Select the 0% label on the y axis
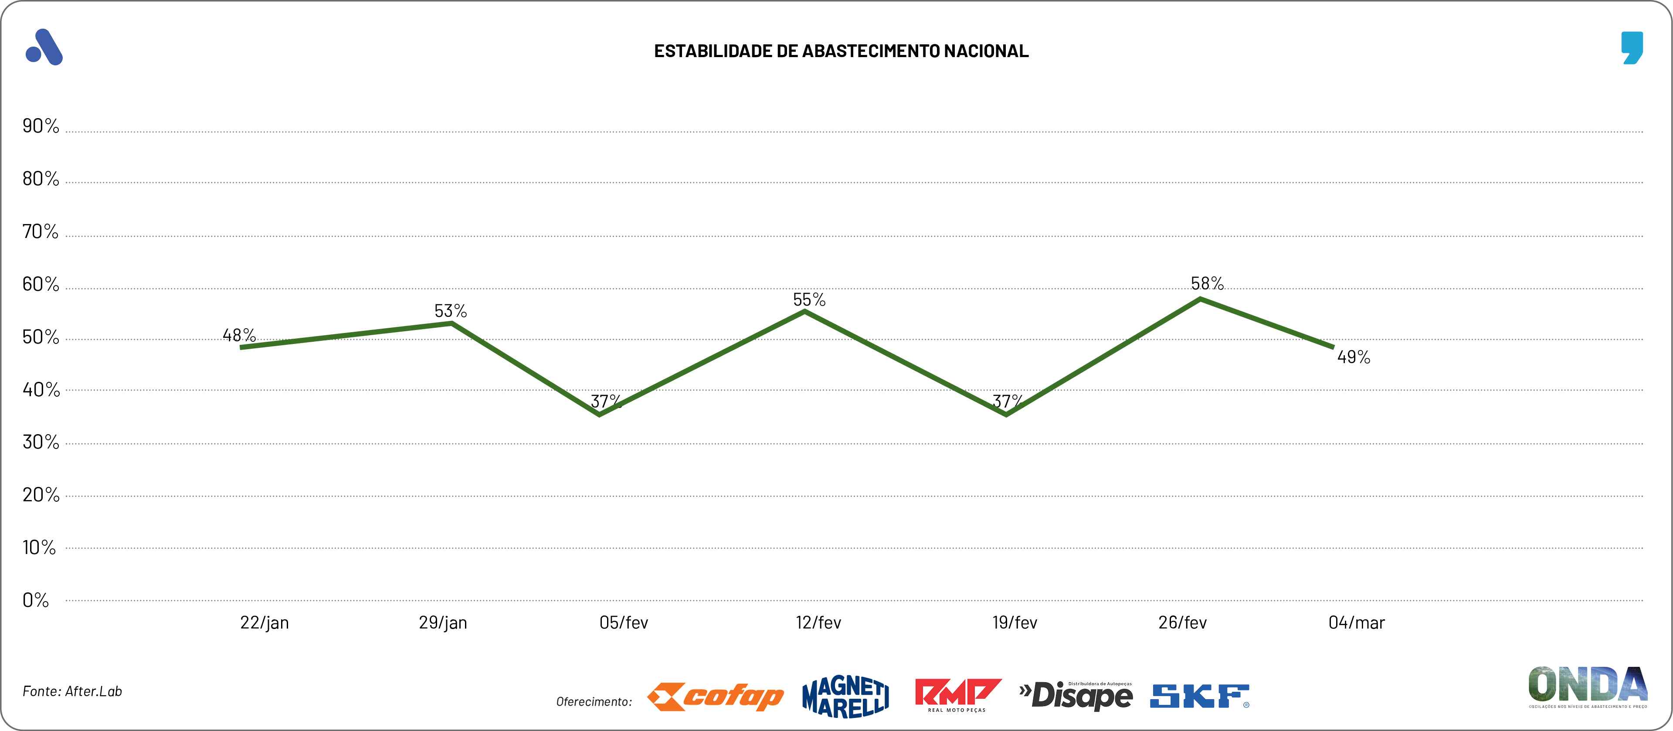click(36, 600)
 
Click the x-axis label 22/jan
click(265, 622)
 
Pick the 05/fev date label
click(624, 622)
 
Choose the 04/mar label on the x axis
click(1357, 622)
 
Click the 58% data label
click(1207, 283)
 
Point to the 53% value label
click(451, 311)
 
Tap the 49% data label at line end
click(1354, 357)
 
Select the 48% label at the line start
click(239, 335)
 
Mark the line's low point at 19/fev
click(1006, 415)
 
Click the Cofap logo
click(715, 697)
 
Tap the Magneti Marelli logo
click(845, 697)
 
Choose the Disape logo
click(1076, 695)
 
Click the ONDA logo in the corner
click(1587, 686)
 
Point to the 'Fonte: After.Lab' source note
click(72, 691)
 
